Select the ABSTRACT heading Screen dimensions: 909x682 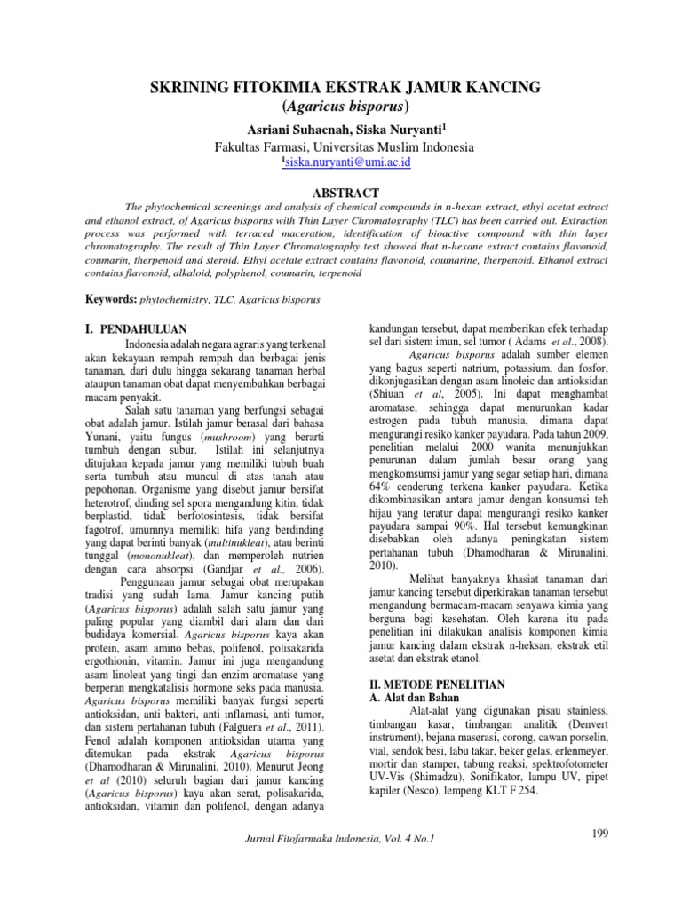(x=342, y=193)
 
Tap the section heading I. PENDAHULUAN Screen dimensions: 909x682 (x=136, y=328)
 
